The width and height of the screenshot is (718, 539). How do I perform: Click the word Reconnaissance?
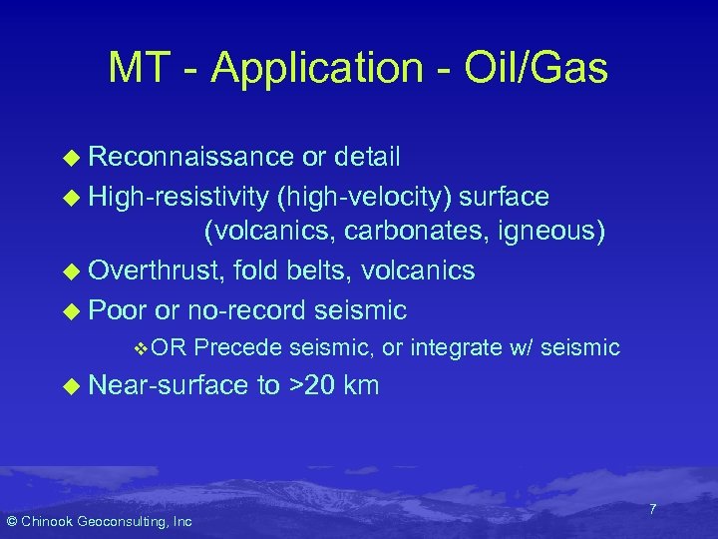pos(188,157)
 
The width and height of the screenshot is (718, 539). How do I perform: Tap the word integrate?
pos(455,347)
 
